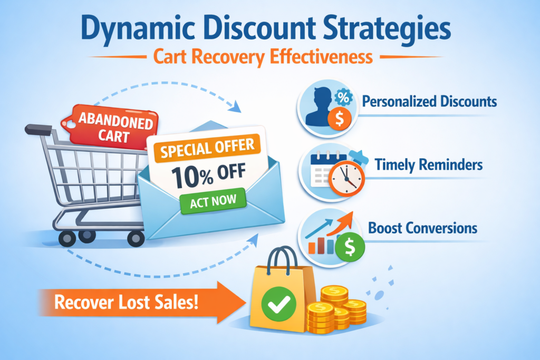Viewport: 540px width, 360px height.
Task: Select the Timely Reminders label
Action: pos(429,165)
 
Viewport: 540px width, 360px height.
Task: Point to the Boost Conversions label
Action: pos(422,228)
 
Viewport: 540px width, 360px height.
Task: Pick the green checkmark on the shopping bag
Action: pos(278,304)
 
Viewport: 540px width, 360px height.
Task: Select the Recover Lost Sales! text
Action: pos(127,303)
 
